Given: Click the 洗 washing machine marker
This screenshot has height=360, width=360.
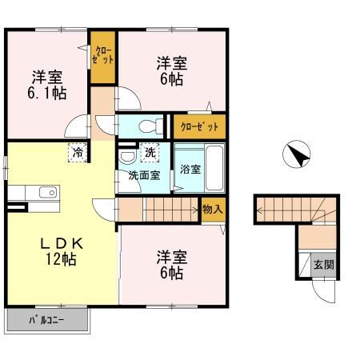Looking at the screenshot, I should (x=150, y=151).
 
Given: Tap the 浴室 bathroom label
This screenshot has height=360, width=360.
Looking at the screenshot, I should (x=190, y=170).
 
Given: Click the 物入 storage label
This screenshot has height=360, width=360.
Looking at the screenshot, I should (x=212, y=209).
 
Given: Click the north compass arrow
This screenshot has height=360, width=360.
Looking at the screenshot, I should (x=297, y=154).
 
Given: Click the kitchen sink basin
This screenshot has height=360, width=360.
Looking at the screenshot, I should (x=46, y=192).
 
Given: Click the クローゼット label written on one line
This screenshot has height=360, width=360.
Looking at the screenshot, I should (x=197, y=126).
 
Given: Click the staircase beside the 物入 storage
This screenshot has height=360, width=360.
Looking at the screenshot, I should (x=171, y=210).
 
